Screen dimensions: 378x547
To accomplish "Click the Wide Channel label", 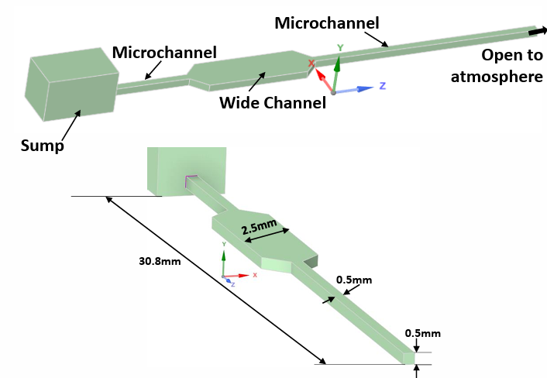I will tap(272, 103).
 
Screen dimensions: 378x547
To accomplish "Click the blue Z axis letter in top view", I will tap(382, 85).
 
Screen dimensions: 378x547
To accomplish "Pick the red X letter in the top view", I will tap(311, 62).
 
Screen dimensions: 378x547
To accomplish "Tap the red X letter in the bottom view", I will tap(255, 274).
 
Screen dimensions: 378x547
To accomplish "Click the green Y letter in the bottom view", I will tap(223, 244).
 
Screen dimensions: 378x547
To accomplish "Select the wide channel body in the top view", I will tap(248, 73).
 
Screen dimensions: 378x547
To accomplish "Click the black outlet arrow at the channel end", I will tap(535, 32).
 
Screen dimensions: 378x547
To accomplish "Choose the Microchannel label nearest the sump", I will tap(164, 53).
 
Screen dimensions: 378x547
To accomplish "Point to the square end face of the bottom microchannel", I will tap(409, 358).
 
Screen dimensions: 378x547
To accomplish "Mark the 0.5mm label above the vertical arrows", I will tap(423, 333).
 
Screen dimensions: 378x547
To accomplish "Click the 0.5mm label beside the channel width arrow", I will tap(354, 280).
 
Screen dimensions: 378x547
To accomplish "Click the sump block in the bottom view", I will tap(186, 170).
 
